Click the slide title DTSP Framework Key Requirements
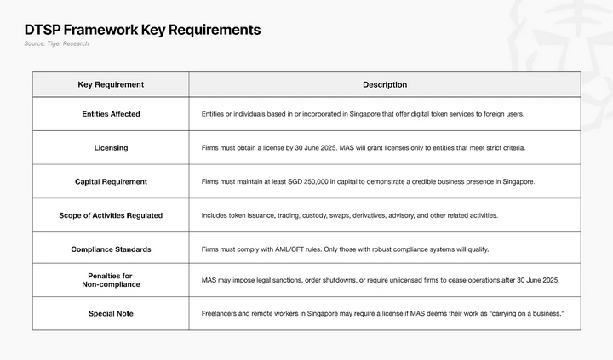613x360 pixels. [x=142, y=30]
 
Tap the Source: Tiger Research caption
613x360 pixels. [x=56, y=43]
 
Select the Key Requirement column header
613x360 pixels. [x=111, y=85]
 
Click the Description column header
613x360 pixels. [x=385, y=85]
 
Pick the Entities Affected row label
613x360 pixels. [x=111, y=114]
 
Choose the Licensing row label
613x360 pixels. [x=111, y=148]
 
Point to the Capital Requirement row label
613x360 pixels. [x=111, y=181]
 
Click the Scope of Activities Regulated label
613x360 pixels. [x=111, y=215]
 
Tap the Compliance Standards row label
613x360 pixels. [x=111, y=249]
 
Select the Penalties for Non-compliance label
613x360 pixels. [x=111, y=279]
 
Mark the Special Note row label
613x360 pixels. [x=111, y=314]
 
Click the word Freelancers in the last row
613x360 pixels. [x=221, y=314]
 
